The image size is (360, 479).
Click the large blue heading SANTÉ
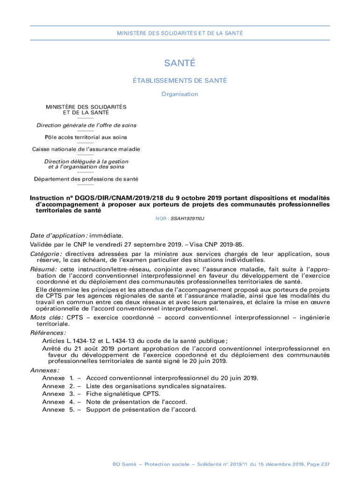point(180,64)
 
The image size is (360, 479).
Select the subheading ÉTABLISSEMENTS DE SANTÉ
point(180,80)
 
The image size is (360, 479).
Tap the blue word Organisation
point(180,94)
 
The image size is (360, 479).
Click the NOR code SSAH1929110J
point(187,218)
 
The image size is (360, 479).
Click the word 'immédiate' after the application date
point(106,236)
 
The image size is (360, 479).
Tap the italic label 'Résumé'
point(43,269)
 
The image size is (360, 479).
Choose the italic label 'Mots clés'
point(46,318)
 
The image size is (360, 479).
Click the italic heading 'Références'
point(48,333)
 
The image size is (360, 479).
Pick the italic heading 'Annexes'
point(44,370)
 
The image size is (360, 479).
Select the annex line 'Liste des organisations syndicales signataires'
point(156,386)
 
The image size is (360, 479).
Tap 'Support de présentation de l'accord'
point(141,410)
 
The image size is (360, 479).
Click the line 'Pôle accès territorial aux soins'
point(86,138)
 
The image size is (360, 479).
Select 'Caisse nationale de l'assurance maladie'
point(86,149)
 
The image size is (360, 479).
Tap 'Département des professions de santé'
point(86,179)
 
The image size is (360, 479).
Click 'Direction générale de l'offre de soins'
point(86,125)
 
